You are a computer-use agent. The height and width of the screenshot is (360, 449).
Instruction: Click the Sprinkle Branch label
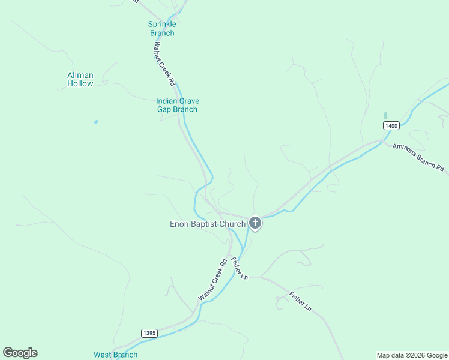162,29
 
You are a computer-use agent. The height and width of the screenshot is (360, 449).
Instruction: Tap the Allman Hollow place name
80,79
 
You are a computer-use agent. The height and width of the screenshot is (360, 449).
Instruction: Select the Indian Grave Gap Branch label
177,105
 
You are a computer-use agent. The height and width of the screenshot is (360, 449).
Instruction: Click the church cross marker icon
255,224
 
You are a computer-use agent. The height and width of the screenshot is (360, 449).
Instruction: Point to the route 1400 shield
391,125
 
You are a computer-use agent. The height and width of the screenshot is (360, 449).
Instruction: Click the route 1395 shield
149,333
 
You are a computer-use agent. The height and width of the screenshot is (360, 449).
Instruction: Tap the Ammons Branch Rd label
418,158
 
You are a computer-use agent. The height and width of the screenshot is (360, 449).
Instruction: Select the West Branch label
115,355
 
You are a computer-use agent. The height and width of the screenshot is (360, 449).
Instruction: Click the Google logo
20,353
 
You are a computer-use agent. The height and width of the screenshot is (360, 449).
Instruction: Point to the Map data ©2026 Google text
411,355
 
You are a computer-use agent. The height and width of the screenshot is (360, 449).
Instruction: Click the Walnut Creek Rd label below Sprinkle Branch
163,62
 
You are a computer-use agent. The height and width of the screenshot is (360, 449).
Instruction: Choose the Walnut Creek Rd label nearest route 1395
212,280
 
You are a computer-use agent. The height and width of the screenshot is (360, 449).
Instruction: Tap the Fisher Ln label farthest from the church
300,301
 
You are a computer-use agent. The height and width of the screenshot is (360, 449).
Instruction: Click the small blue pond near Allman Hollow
96,122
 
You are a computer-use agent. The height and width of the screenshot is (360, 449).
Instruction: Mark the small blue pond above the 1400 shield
385,115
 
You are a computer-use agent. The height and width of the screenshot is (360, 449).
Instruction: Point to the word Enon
179,224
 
